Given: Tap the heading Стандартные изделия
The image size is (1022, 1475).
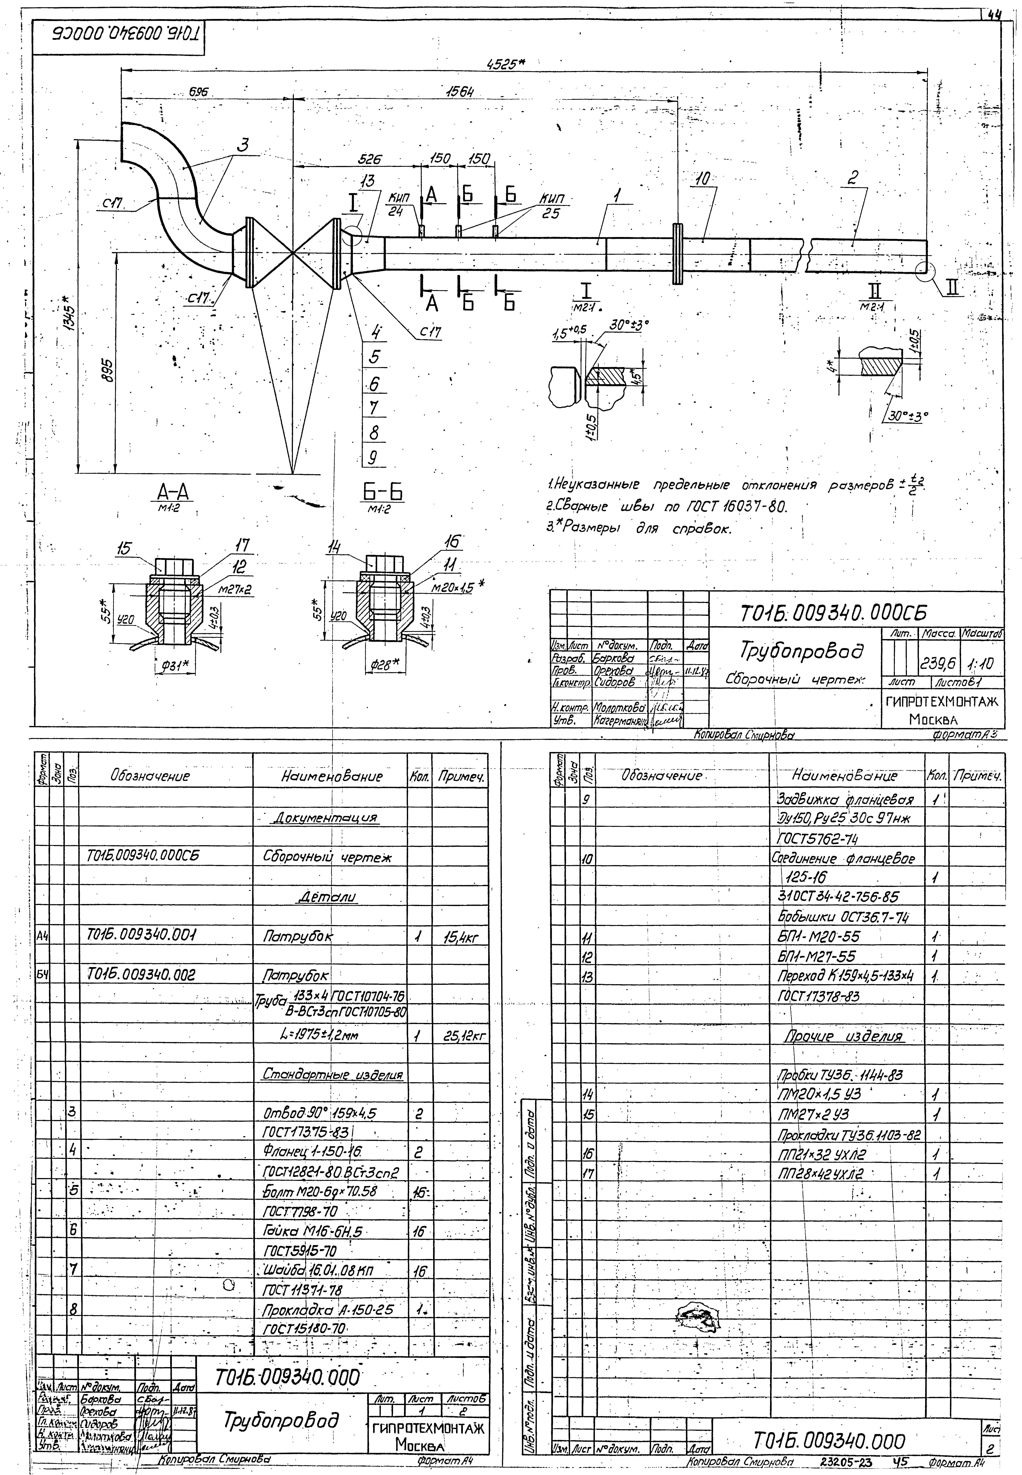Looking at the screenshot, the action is tap(332, 1074).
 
